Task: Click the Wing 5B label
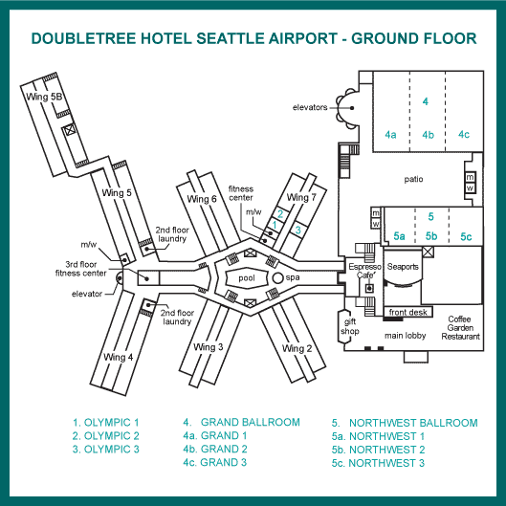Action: click(44, 97)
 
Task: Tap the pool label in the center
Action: click(247, 278)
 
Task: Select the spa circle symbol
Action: click(277, 277)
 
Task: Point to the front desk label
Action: click(407, 312)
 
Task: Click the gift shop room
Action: click(350, 326)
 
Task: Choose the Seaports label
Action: click(403, 267)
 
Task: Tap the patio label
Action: click(413, 179)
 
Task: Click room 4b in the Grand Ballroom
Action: click(428, 135)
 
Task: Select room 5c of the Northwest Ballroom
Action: click(466, 227)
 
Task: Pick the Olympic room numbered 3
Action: click(297, 230)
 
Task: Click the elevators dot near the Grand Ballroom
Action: click(352, 108)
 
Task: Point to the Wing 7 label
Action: click(301, 197)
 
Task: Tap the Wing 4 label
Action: click(118, 357)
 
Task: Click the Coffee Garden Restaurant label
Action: click(460, 327)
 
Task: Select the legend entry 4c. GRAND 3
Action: click(214, 462)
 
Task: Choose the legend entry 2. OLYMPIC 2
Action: click(105, 435)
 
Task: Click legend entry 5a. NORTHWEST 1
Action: click(378, 436)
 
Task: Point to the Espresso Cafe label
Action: click(365, 271)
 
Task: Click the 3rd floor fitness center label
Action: click(80, 269)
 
